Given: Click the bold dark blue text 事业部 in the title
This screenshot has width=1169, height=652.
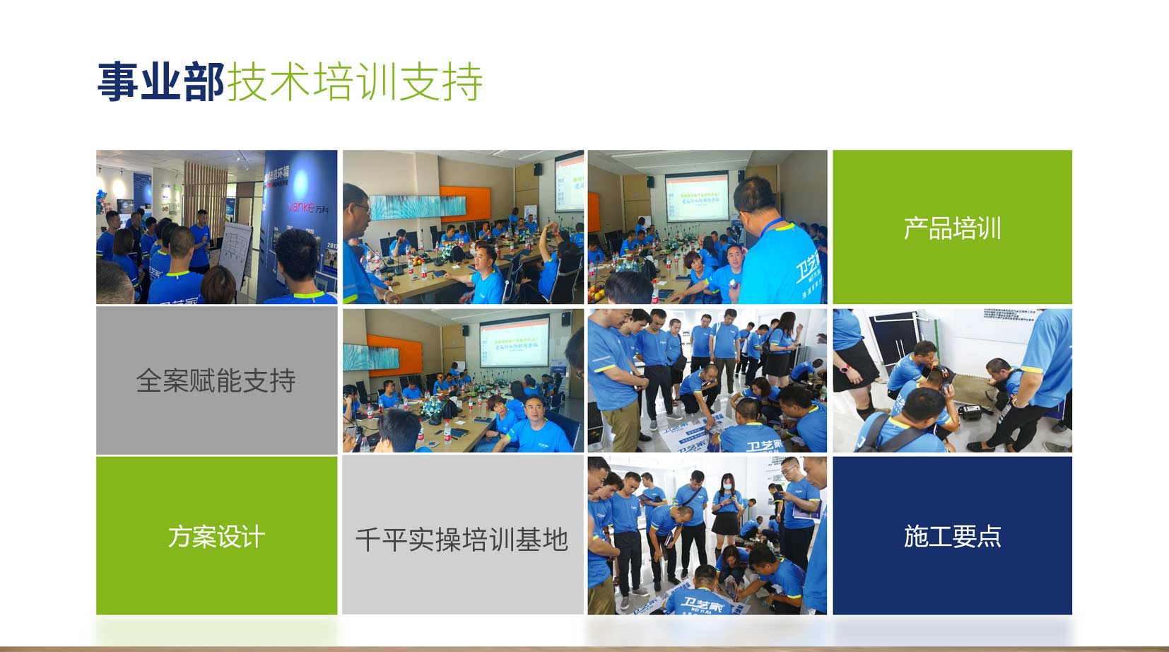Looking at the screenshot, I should (160, 82).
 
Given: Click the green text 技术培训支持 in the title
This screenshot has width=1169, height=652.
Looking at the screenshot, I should (354, 82).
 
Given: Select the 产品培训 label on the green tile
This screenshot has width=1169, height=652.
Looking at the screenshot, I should (952, 228).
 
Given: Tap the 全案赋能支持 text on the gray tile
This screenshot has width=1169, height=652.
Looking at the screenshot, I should (216, 381).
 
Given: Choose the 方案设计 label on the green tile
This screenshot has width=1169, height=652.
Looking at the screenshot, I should (216, 537).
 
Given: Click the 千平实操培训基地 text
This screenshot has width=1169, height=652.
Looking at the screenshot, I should (462, 540).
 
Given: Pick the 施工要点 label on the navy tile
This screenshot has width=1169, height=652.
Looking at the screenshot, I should (952, 537).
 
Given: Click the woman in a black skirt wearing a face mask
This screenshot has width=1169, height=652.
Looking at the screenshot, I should (727, 513).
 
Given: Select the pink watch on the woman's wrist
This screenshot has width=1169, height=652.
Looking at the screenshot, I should (845, 369).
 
